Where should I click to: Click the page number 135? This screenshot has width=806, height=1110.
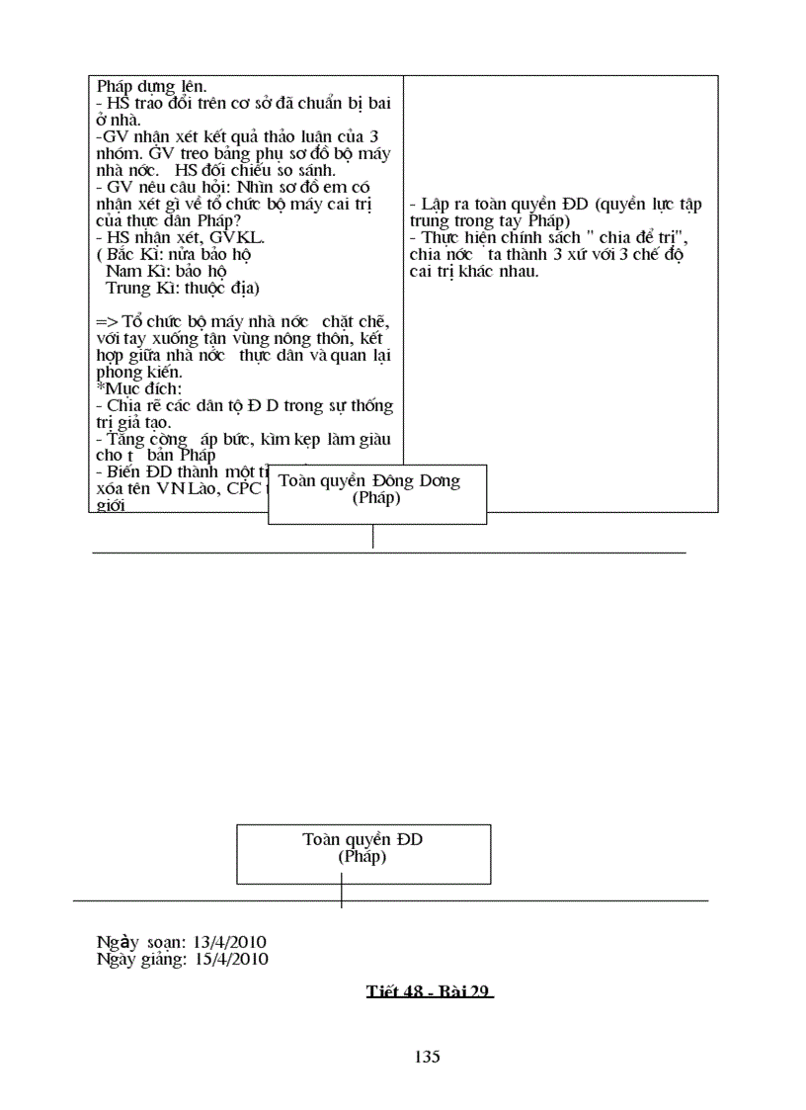point(427,1057)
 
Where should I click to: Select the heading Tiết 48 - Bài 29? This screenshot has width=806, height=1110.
point(429,991)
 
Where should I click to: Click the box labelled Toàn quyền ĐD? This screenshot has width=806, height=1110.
point(363,853)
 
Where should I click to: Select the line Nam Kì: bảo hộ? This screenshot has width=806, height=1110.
point(165,271)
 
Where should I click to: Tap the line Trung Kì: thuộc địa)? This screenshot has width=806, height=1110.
point(182,288)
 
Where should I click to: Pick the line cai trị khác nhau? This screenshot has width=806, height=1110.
point(474,271)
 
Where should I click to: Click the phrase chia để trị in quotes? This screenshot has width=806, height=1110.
point(623,237)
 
